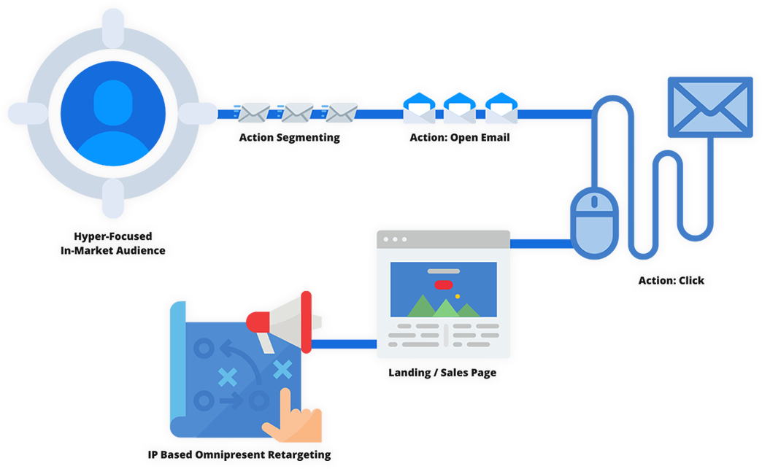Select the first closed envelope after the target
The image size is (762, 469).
254,112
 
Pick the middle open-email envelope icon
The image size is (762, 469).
460,109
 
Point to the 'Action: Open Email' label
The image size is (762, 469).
459,138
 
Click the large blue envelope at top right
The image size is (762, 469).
709,106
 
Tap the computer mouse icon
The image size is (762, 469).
594,220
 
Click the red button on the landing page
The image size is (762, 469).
442,284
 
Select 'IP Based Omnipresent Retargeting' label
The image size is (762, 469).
239,454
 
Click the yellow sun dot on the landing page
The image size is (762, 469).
457,296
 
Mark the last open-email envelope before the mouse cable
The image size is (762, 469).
501,109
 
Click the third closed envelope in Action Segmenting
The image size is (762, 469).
341,112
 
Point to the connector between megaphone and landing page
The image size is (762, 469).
344,344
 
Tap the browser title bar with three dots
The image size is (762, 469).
443,239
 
